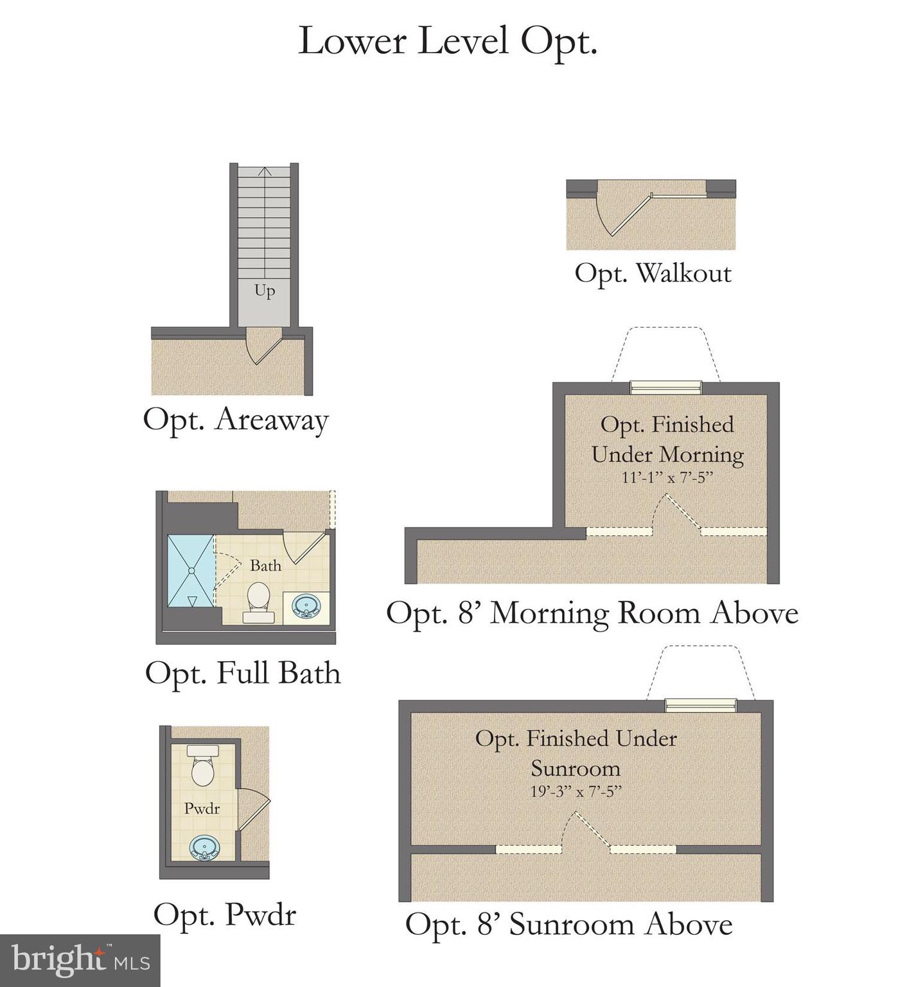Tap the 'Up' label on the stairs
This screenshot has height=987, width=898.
265,290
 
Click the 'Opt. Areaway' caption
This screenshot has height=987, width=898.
236,420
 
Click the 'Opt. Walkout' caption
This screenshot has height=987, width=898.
653,273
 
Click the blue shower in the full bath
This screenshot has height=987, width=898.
190,571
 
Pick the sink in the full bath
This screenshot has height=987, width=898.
306,606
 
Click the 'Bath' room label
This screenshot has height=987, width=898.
265,565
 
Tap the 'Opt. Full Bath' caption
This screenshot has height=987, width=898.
243,673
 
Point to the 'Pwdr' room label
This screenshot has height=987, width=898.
202,808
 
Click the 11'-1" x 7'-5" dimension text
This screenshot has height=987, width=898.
667,478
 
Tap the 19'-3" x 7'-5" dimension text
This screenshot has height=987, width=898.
576,792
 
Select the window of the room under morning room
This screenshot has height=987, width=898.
665,387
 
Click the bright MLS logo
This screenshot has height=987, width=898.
80,960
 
